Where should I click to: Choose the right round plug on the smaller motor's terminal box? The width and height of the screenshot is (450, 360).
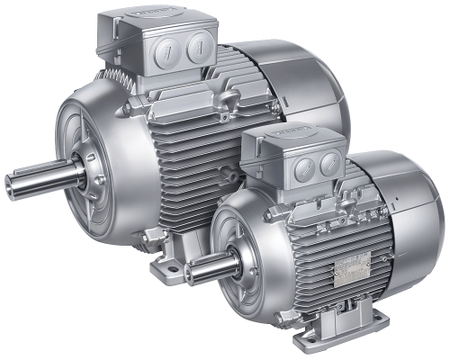click(330, 163)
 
